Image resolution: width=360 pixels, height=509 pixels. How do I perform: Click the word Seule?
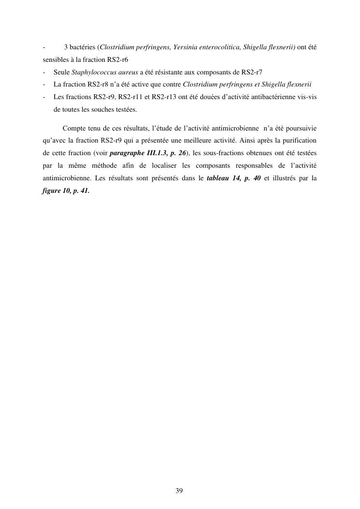pyautogui.click(x=61, y=73)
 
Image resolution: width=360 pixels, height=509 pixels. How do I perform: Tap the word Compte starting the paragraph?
pyautogui.click(x=73, y=129)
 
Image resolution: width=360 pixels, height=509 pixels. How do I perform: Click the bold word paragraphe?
pyautogui.click(x=128, y=153)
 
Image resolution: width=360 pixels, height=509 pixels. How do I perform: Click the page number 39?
pyautogui.click(x=179, y=491)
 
